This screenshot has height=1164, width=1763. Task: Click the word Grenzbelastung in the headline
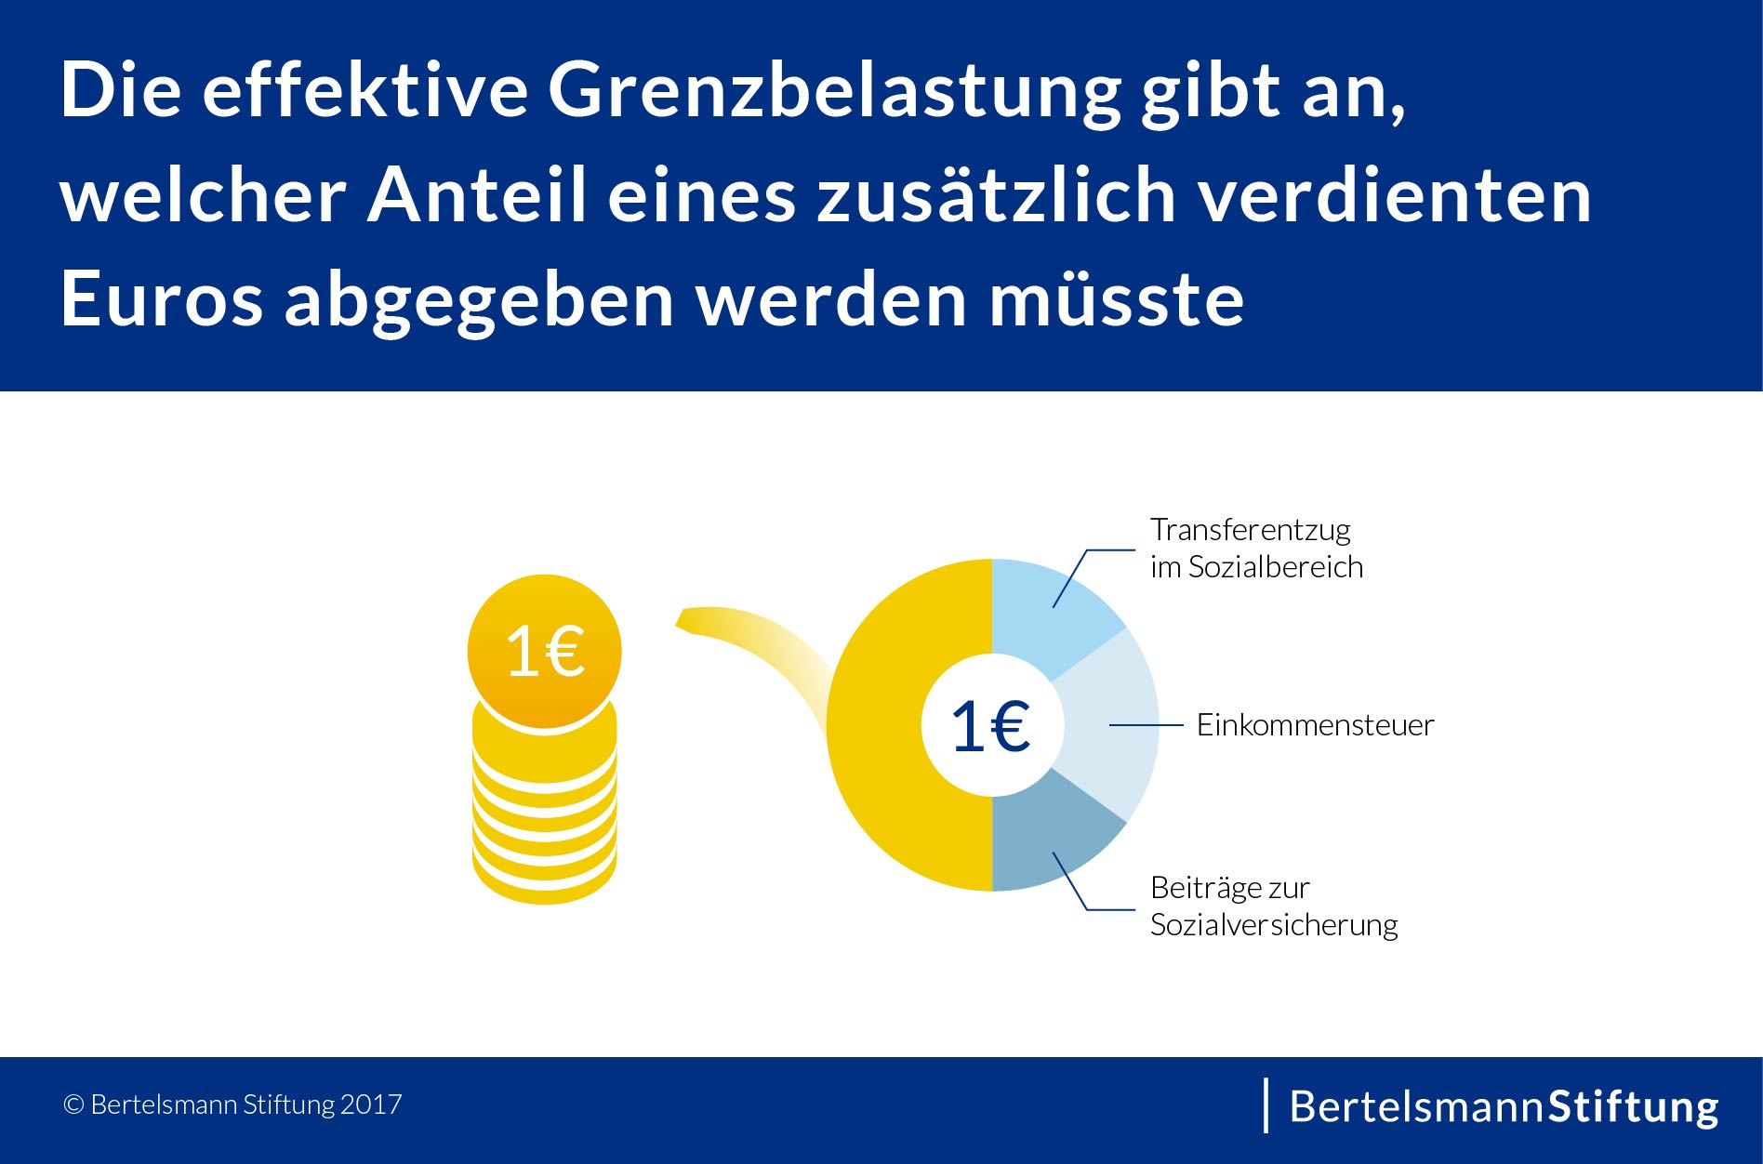pyautogui.click(x=834, y=91)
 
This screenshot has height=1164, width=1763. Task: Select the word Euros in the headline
pyautogui.click(x=161, y=299)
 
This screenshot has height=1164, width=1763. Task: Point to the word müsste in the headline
pyautogui.click(x=1116, y=299)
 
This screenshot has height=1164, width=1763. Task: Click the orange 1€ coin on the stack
pyautogui.click(x=544, y=651)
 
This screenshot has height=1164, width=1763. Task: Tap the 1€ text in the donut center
pyautogui.click(x=991, y=726)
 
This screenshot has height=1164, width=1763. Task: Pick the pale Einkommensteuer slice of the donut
pyautogui.click(x=1111, y=725)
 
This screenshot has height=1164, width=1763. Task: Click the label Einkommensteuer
pyautogui.click(x=1315, y=725)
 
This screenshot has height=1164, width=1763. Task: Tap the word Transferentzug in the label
pyautogui.click(x=1250, y=530)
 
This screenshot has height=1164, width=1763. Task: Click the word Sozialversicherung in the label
pyautogui.click(x=1274, y=925)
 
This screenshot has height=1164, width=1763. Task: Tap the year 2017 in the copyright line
pyautogui.click(x=371, y=1104)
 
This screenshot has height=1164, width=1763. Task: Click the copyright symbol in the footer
pyautogui.click(x=73, y=1104)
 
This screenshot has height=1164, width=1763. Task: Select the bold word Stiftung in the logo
pyautogui.click(x=1633, y=1106)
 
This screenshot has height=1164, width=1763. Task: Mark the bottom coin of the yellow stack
pyautogui.click(x=544, y=879)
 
